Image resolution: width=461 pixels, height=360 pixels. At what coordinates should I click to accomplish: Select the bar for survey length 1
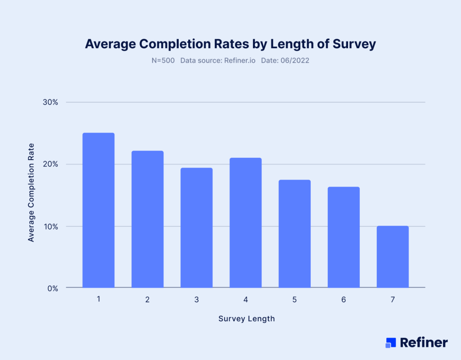click(x=98, y=210)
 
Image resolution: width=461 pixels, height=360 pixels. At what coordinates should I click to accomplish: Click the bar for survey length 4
click(x=245, y=223)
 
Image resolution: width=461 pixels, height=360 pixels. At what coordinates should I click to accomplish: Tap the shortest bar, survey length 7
click(x=393, y=256)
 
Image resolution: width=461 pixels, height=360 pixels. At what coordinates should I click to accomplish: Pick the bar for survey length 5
click(x=294, y=233)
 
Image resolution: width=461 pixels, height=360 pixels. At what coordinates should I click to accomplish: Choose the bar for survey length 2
click(x=147, y=219)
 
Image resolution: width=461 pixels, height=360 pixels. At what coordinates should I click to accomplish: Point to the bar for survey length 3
click(x=196, y=228)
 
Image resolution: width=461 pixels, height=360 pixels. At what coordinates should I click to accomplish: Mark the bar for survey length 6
click(x=343, y=237)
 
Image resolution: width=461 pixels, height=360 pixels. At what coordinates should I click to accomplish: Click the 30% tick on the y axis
click(x=50, y=102)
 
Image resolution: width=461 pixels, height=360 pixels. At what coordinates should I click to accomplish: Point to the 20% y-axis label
click(x=50, y=164)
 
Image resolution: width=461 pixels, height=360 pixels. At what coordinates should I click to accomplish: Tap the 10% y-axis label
click(x=50, y=227)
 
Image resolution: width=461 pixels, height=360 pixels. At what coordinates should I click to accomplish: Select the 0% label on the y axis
click(x=52, y=288)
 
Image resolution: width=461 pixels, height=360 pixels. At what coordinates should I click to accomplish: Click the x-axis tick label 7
click(x=393, y=300)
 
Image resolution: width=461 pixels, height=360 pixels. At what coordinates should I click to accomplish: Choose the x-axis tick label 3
click(x=196, y=300)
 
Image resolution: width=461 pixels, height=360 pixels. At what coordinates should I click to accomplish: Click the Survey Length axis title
click(x=246, y=319)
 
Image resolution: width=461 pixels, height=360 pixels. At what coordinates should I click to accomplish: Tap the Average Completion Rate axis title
click(x=31, y=192)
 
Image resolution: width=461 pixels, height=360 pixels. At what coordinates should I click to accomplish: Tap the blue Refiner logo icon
click(x=390, y=342)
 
